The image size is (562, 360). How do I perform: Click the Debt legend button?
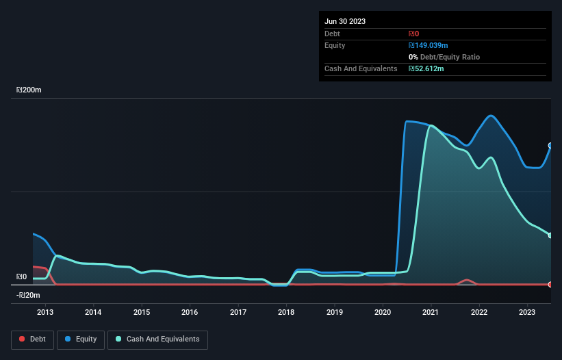point(31,339)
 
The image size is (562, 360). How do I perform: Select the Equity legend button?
point(81,339)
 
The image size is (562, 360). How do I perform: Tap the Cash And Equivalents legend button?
point(157,339)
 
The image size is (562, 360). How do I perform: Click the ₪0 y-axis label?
point(21,277)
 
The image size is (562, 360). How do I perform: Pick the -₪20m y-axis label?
point(28,295)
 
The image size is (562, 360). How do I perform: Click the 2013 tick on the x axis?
point(45,313)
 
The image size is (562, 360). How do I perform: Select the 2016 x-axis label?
point(190,313)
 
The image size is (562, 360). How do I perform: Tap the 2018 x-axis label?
point(286,313)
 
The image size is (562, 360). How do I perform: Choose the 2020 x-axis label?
point(383,313)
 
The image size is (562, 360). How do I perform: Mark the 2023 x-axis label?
point(527,313)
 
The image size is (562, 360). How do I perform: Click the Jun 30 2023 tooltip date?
point(345,21)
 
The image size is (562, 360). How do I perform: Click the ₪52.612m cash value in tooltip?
point(426,68)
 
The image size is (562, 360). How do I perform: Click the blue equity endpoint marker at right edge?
point(550,145)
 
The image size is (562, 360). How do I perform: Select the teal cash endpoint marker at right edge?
point(550,235)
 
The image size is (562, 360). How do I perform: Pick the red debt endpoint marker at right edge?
point(550,284)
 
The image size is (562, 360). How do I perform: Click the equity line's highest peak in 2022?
point(490,115)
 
